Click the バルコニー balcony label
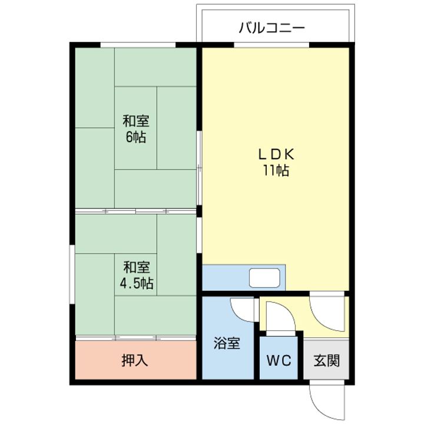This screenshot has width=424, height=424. click(271, 28)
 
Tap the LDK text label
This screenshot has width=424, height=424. click(276, 155)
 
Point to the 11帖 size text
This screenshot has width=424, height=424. click(276, 171)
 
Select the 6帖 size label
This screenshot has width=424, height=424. click(136, 137)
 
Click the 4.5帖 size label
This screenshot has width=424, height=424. click(136, 283)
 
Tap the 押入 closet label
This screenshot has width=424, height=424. click(135, 360)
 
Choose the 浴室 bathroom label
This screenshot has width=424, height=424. click(227, 343)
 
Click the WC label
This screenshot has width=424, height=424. click(279, 360)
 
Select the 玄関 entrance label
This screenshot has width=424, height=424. click(326, 360)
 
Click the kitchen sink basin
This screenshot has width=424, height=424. click(264, 278)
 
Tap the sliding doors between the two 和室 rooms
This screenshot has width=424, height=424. click(136, 211)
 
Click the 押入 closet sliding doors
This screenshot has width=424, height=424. click(136, 338)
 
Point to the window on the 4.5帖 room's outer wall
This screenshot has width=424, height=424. click(72, 274)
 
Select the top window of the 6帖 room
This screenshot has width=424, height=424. click(138, 45)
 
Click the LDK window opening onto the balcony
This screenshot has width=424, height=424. click(271, 45)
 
